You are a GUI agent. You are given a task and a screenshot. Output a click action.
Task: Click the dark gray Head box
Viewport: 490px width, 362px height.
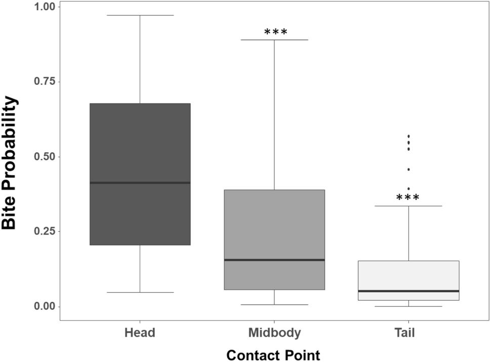(x=140, y=142)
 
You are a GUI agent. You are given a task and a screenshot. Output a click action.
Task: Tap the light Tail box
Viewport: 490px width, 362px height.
(x=408, y=276)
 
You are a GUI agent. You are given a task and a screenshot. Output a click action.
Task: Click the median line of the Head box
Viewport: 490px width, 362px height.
(x=140, y=183)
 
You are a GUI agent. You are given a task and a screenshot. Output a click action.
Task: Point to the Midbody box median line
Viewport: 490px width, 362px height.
(x=274, y=260)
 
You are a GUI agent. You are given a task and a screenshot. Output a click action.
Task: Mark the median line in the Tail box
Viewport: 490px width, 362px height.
(x=408, y=291)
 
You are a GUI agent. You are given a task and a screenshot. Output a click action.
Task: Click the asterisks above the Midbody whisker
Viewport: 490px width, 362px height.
(x=275, y=33)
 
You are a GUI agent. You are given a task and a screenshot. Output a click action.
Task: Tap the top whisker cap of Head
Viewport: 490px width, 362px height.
(x=140, y=15)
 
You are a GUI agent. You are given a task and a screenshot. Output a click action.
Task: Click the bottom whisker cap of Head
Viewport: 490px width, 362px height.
(x=140, y=292)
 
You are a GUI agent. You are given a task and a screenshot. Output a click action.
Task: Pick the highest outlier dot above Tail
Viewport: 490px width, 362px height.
(x=409, y=136)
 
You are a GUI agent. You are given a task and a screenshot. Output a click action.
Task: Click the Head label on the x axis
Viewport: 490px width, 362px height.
(x=140, y=333)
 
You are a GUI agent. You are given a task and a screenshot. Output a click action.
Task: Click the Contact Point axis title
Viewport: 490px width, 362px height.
(x=273, y=355)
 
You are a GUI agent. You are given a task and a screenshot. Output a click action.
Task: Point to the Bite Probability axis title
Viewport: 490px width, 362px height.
(x=10, y=163)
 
